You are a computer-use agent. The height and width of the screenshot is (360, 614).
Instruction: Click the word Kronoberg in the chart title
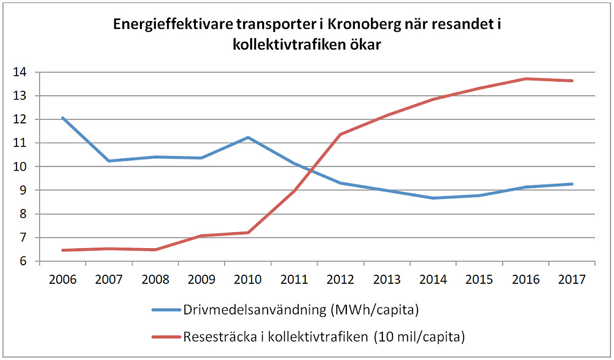pos(364,24)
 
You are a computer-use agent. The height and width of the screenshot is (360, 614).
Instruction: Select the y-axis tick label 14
pos(20,72)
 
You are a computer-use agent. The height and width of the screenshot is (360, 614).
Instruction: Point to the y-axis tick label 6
pos(23,261)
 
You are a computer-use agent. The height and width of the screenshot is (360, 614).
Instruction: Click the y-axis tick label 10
pos(20,167)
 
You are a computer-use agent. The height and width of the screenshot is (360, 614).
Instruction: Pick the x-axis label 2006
pos(62,279)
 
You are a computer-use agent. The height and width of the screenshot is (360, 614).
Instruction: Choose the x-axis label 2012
pos(340,279)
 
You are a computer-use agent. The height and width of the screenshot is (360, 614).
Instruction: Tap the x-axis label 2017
pos(572,279)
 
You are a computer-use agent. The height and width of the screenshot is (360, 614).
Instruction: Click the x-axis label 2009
pos(202,279)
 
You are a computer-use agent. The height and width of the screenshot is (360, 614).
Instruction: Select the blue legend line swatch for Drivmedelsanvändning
pos(166,310)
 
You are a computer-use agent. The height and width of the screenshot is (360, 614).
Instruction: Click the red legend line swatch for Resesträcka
pos(166,337)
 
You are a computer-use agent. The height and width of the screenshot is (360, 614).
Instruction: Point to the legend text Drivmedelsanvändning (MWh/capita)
pos(301,310)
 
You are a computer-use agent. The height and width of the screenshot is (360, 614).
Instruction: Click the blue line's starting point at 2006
pos(63,118)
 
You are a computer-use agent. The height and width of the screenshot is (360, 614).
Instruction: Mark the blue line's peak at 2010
pos(248,137)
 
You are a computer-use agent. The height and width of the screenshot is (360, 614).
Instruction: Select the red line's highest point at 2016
pos(526,79)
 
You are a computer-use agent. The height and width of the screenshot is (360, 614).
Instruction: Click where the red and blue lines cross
pos(311,170)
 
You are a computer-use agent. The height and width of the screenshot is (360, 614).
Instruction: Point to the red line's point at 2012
pos(340,134)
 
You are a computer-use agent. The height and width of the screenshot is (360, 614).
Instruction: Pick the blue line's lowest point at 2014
pos(433,198)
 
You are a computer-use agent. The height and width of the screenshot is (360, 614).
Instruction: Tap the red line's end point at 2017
pos(572,81)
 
